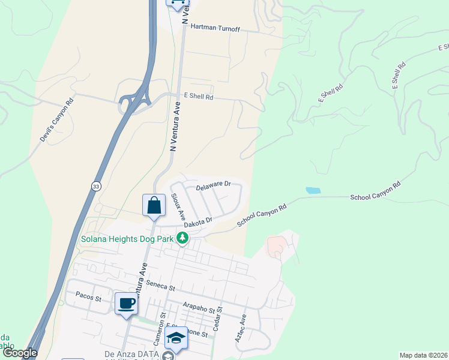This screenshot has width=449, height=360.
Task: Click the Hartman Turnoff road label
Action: click(x=214, y=27)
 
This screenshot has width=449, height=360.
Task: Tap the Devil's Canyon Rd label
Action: click(x=56, y=120)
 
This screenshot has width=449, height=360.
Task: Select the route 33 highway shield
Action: click(x=96, y=187)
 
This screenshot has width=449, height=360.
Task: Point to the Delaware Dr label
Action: click(x=213, y=185)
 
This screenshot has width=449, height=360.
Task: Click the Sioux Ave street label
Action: click(x=178, y=206)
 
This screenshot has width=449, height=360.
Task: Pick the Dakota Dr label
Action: click(x=198, y=222)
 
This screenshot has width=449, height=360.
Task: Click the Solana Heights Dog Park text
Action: click(x=127, y=239)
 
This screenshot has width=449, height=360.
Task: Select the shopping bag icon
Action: click(x=154, y=205)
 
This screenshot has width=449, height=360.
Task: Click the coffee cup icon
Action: click(x=127, y=304)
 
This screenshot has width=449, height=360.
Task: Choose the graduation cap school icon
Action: click(x=176, y=338)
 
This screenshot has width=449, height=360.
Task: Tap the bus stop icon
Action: click(x=177, y=3)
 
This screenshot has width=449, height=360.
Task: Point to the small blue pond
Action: click(x=313, y=190)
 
